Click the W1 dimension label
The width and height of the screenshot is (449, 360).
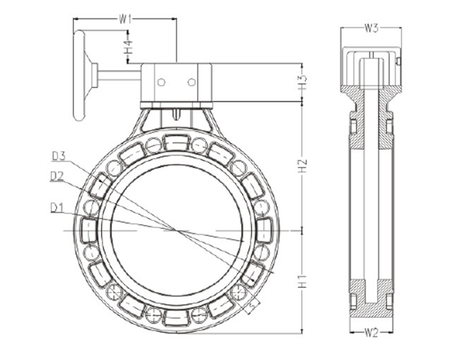coord(125,18)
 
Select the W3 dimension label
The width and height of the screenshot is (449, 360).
coord(371,29)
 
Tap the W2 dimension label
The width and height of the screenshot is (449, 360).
coord(371,333)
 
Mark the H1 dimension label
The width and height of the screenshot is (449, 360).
coord(302,281)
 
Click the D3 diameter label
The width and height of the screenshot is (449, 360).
coord(59,155)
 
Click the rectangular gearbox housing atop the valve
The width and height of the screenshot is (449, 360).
coord(177,81)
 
